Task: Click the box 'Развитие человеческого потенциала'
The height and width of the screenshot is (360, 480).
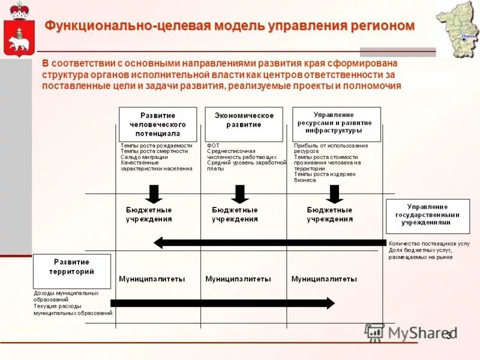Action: tap(158, 124)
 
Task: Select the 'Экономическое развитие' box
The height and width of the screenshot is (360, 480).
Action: tap(244, 124)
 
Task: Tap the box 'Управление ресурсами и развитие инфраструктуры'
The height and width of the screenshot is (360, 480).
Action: tap(337, 124)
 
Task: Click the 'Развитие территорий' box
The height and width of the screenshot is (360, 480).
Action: tap(72, 271)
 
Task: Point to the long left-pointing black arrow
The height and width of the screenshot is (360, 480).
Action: tap(270, 242)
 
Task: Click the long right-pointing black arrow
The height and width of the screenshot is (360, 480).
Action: tap(222, 303)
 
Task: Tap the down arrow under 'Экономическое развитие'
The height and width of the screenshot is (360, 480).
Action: tap(240, 193)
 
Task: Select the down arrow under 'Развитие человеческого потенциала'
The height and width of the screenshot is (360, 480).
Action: tap(154, 193)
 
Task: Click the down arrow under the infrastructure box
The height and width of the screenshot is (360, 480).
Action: tap(334, 193)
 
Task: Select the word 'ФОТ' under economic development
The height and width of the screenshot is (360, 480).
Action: tap(213, 146)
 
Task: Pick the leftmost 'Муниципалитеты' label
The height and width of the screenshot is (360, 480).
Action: tap(152, 279)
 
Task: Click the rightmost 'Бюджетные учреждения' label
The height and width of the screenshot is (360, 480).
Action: tap(329, 215)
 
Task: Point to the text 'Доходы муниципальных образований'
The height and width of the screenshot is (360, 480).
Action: tap(66, 296)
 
